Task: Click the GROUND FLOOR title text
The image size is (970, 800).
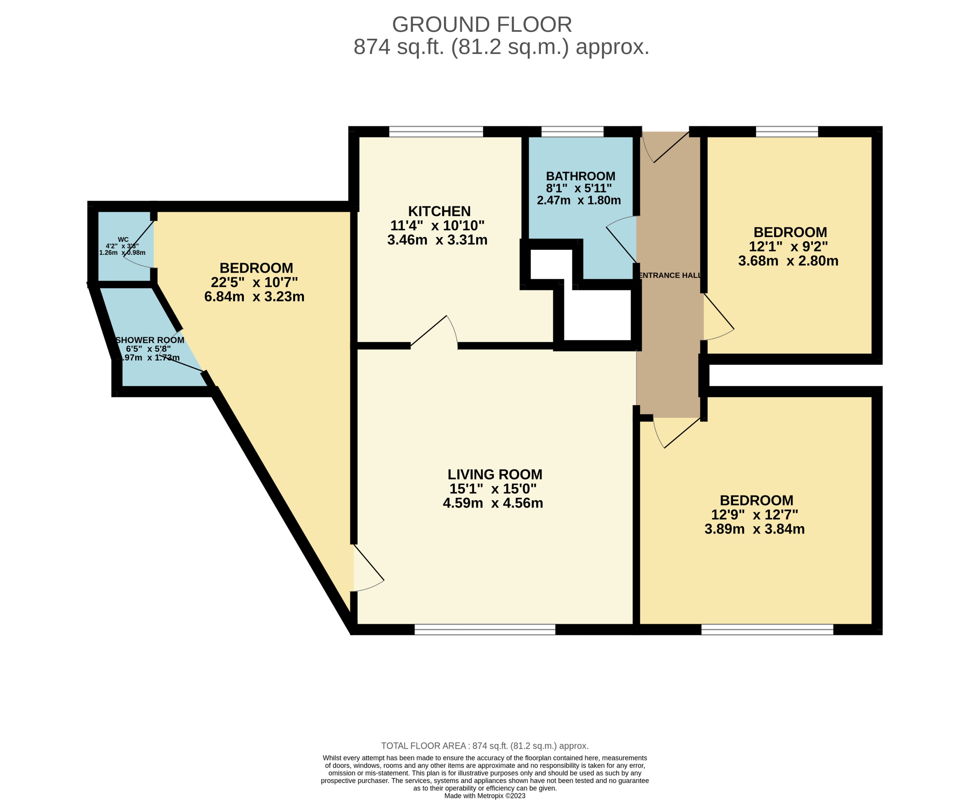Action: click(x=481, y=24)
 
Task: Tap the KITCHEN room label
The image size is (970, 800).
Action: click(x=439, y=211)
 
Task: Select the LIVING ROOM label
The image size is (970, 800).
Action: click(x=495, y=474)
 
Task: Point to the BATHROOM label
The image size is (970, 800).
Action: click(x=580, y=176)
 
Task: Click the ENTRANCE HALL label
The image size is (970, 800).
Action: click(x=670, y=275)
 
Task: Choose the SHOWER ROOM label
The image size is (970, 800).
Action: click(x=150, y=340)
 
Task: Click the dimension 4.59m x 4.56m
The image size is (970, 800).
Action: click(x=493, y=503)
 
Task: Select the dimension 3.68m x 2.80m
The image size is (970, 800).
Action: click(x=788, y=261)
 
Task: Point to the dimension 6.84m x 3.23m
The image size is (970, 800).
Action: click(x=254, y=296)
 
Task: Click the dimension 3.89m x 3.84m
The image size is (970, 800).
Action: click(x=755, y=529)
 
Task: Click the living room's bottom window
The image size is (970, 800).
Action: click(x=485, y=630)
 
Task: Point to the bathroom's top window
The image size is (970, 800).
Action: click(x=572, y=132)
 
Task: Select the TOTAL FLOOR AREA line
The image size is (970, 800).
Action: click(x=485, y=746)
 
